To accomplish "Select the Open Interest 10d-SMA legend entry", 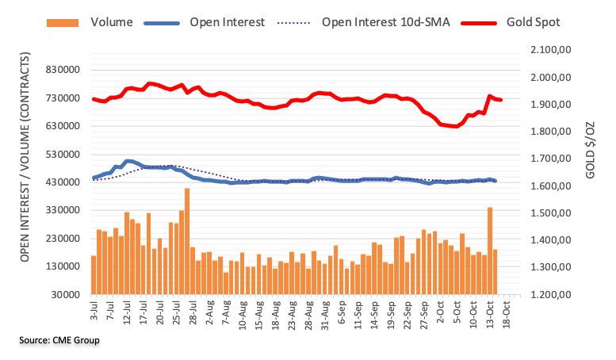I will (x=385, y=21).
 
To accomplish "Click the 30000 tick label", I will (x=68, y=295).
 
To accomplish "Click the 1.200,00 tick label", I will (x=549, y=295).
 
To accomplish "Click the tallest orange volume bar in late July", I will (x=187, y=241).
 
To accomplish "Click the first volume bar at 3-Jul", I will (x=94, y=274).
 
